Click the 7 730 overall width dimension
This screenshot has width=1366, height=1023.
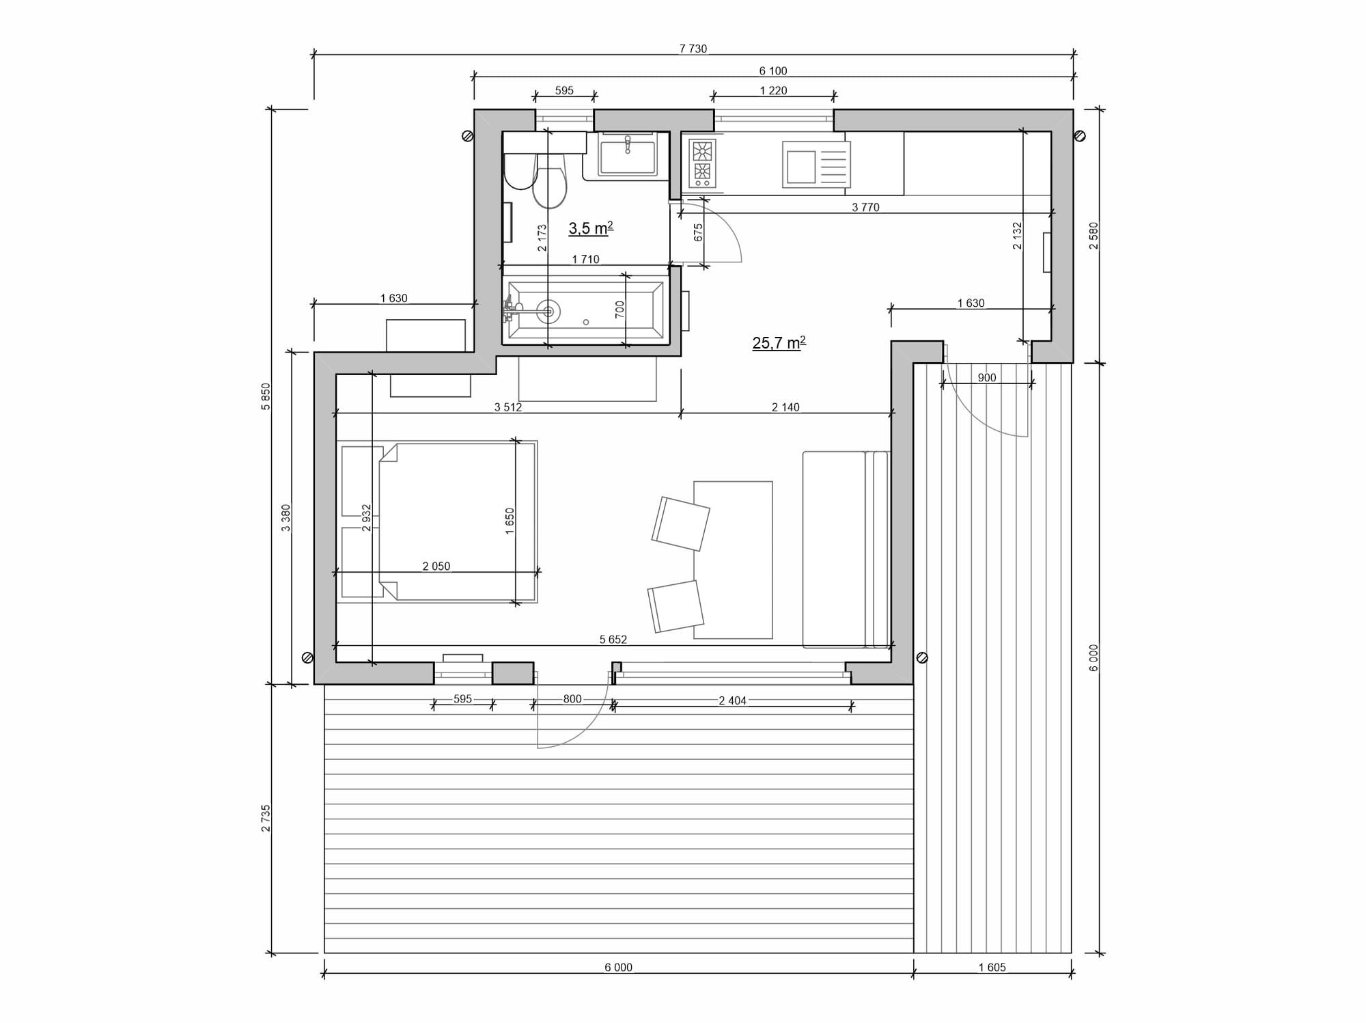point(693,49)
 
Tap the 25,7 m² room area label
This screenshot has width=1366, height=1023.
point(779,342)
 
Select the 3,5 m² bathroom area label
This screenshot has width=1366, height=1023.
point(591,228)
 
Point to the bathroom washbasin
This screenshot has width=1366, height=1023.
point(628,154)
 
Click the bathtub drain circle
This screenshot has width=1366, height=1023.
point(548,312)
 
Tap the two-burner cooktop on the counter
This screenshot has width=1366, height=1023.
point(702,163)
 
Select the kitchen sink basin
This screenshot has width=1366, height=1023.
point(801,167)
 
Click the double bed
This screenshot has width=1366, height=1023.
point(437,521)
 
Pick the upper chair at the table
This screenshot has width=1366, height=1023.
point(681,523)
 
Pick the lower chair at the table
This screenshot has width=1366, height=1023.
point(675,606)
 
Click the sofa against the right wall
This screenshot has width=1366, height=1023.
point(846,549)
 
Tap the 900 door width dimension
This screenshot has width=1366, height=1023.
point(986,377)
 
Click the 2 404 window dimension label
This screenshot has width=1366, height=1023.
point(732,700)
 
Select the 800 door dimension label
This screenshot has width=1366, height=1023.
point(572,698)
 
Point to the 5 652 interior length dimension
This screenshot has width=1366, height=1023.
point(613,640)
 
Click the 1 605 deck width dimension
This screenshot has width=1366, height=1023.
point(992,967)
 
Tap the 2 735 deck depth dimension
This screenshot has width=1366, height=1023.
point(266,818)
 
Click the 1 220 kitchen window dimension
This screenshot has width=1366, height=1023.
point(773,90)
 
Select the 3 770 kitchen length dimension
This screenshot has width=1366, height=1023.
point(865,207)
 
